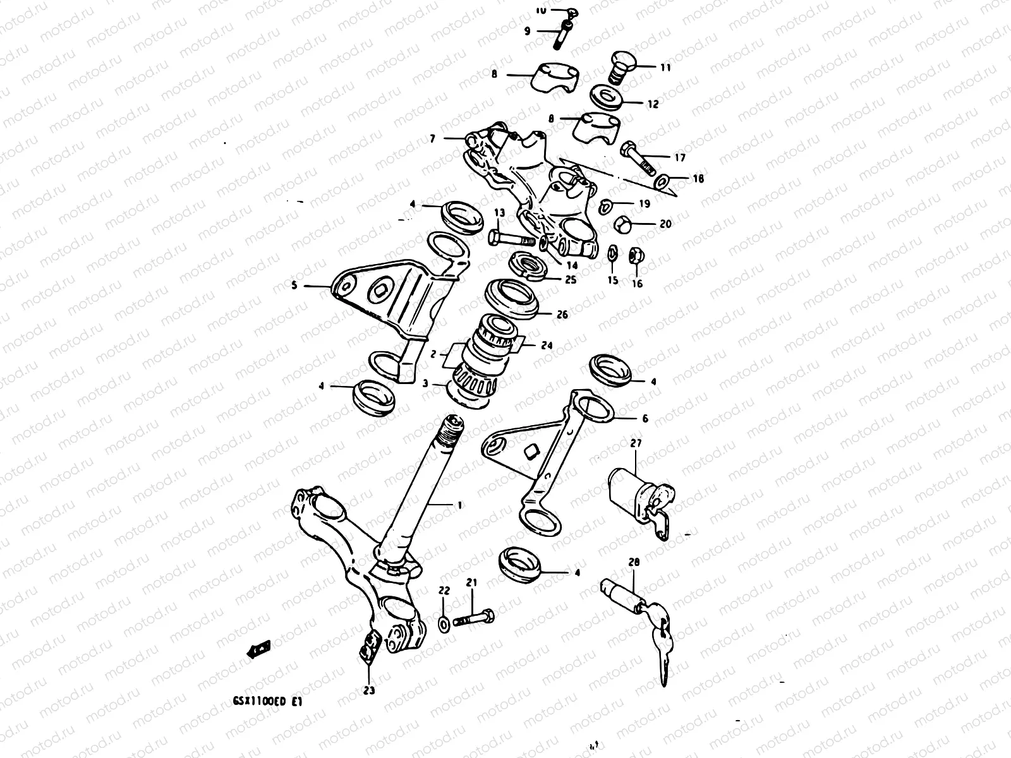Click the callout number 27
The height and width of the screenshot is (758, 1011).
point(636,444)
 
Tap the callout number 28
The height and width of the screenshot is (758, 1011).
point(634,562)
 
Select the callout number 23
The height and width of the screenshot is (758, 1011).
point(369,690)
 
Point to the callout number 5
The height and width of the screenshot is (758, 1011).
point(294,286)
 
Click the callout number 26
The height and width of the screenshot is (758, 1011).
point(562,314)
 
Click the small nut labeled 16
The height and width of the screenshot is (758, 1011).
point(636,257)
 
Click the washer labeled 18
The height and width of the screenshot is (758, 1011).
point(661,182)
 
